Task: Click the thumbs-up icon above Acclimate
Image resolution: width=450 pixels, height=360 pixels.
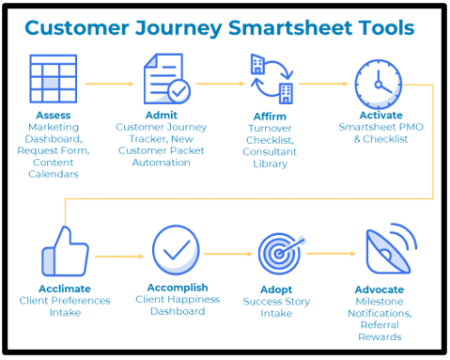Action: point(65,251)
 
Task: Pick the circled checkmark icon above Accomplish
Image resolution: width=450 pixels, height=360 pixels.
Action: point(176,250)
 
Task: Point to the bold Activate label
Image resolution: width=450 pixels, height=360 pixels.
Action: point(380,116)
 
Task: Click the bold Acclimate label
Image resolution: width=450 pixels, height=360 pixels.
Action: point(65,290)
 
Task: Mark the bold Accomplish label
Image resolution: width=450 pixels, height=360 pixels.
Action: point(178,287)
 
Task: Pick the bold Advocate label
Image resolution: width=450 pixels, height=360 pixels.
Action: point(380,289)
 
